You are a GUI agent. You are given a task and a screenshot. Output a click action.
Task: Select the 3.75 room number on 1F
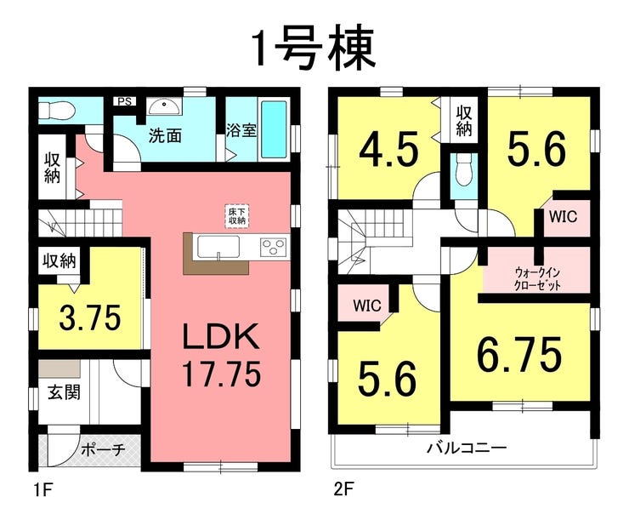click(90, 317)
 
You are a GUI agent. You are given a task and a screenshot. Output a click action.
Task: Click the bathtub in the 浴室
click(275, 129)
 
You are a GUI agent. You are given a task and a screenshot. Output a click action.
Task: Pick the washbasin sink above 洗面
click(164, 106)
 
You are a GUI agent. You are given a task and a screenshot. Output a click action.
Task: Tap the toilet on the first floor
click(56, 110)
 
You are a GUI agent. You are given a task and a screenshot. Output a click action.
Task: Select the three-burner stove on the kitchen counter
click(274, 247)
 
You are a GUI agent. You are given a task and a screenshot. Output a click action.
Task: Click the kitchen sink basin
click(218, 248)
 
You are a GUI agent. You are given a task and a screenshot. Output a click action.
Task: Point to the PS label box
click(125, 101)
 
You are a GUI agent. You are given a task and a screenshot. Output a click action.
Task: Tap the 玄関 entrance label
click(65, 391)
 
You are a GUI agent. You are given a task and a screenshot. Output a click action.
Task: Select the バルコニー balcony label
click(466, 447)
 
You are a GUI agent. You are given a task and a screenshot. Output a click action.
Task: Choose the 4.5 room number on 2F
click(388, 150)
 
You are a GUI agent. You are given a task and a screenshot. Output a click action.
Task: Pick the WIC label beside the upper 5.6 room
click(563, 217)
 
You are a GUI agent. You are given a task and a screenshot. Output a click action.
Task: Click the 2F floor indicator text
click(343, 489)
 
